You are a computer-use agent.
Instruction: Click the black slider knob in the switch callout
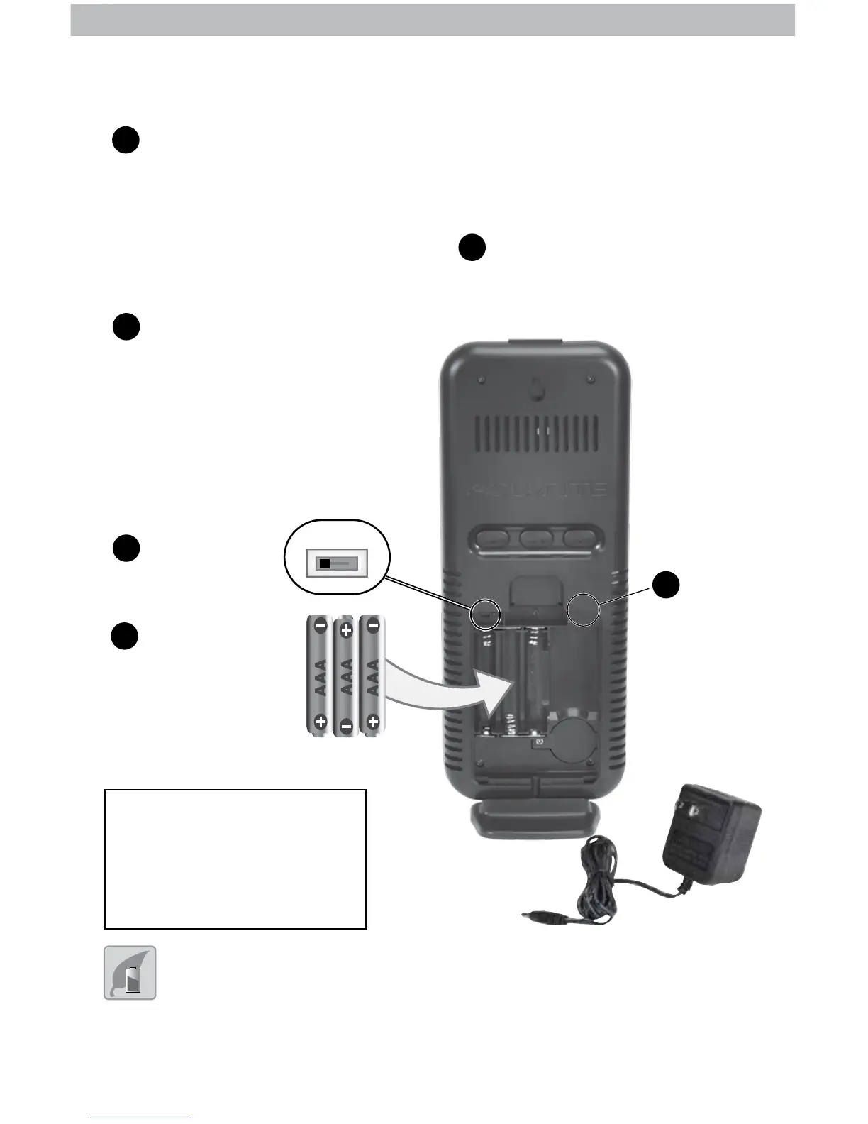[325, 564]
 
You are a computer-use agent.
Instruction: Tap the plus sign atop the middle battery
[347, 629]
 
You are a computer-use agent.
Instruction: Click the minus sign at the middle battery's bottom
[347, 725]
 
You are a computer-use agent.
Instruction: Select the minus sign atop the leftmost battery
[321, 627]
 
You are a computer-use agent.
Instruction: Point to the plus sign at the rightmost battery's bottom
[373, 722]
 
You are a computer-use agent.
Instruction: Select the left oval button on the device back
[494, 537]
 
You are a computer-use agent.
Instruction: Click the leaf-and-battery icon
[130, 972]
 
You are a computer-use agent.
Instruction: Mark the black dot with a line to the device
[666, 584]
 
